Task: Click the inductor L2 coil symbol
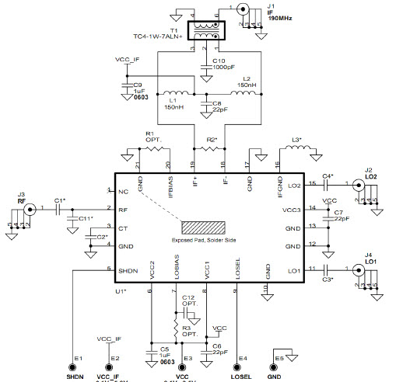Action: pyautogui.click(x=244, y=94)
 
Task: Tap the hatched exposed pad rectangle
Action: pyautogui.click(x=203, y=227)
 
